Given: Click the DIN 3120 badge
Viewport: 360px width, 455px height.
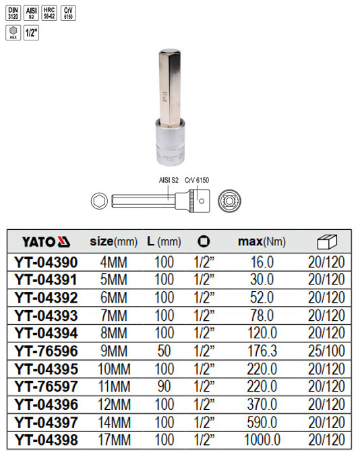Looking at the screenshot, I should [x=13, y=13].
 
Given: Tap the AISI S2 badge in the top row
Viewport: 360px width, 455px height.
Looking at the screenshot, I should [x=30, y=13].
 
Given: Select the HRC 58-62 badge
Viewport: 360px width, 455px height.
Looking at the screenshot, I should [x=49, y=13].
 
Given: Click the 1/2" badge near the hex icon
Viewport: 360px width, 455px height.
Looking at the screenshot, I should [x=30, y=33].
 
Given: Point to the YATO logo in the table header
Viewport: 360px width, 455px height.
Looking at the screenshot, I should [x=45, y=241].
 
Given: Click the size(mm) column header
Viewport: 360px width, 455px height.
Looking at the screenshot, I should [x=113, y=241].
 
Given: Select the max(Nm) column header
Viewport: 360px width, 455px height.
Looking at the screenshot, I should [x=262, y=241].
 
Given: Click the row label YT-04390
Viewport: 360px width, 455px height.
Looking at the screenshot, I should [x=45, y=261].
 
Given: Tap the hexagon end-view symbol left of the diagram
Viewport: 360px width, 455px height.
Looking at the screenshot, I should [x=98, y=200].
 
